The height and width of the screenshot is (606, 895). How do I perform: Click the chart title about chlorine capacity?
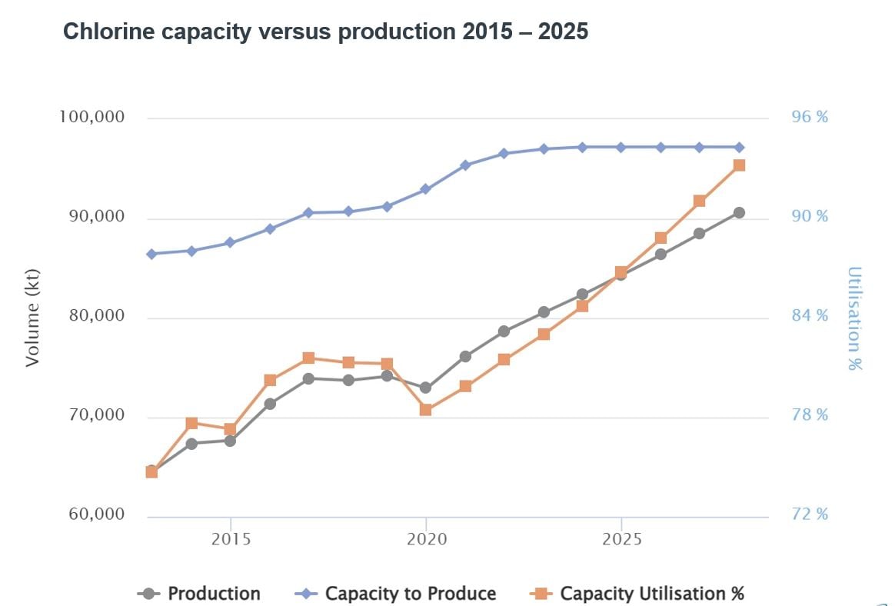[325, 32]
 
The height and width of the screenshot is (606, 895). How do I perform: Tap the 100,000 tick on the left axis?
[92, 118]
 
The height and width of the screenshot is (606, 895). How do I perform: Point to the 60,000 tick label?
[93, 514]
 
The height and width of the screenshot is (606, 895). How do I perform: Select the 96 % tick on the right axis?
[810, 118]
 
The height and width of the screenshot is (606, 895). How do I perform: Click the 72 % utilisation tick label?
[810, 514]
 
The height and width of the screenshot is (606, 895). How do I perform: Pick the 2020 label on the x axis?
[426, 539]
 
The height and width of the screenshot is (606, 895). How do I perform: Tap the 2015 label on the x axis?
[231, 539]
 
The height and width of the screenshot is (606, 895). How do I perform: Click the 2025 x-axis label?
[621, 539]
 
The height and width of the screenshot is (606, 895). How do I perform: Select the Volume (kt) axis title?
[32, 317]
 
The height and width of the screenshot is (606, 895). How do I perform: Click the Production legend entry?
[199, 594]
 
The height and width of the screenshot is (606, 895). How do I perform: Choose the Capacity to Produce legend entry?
[396, 594]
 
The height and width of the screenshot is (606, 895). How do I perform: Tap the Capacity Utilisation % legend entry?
[637, 594]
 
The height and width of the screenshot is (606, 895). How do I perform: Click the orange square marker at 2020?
[426, 410]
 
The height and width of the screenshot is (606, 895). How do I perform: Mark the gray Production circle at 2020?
[426, 388]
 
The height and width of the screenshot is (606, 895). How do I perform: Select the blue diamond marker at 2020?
[426, 189]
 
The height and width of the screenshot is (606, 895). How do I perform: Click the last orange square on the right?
[739, 165]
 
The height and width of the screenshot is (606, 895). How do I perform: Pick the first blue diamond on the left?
[151, 254]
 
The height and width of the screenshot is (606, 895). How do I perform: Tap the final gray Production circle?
[739, 213]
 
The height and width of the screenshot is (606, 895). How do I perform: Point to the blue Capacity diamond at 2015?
[230, 243]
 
